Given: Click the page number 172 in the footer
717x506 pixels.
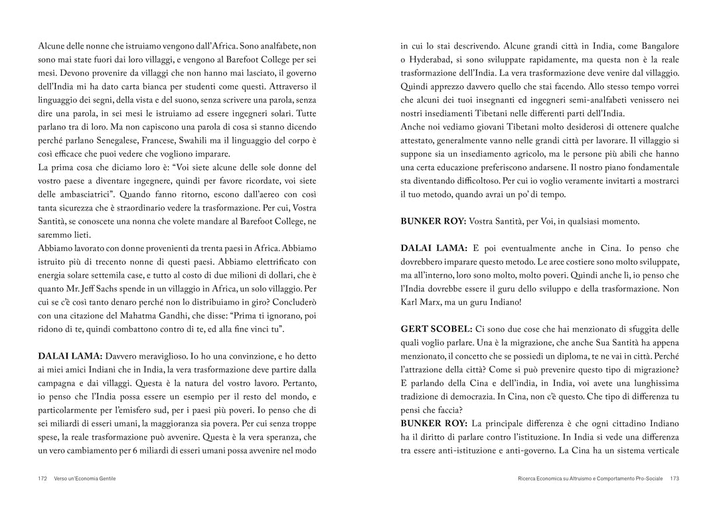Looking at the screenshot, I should coord(42,478).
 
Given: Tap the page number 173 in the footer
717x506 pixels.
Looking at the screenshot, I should coord(674,478).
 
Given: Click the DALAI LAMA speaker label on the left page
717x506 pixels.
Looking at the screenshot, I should coord(70,356).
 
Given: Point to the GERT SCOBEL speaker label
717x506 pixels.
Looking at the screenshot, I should coord(436,329).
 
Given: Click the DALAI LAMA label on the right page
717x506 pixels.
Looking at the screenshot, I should coord(433,248).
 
